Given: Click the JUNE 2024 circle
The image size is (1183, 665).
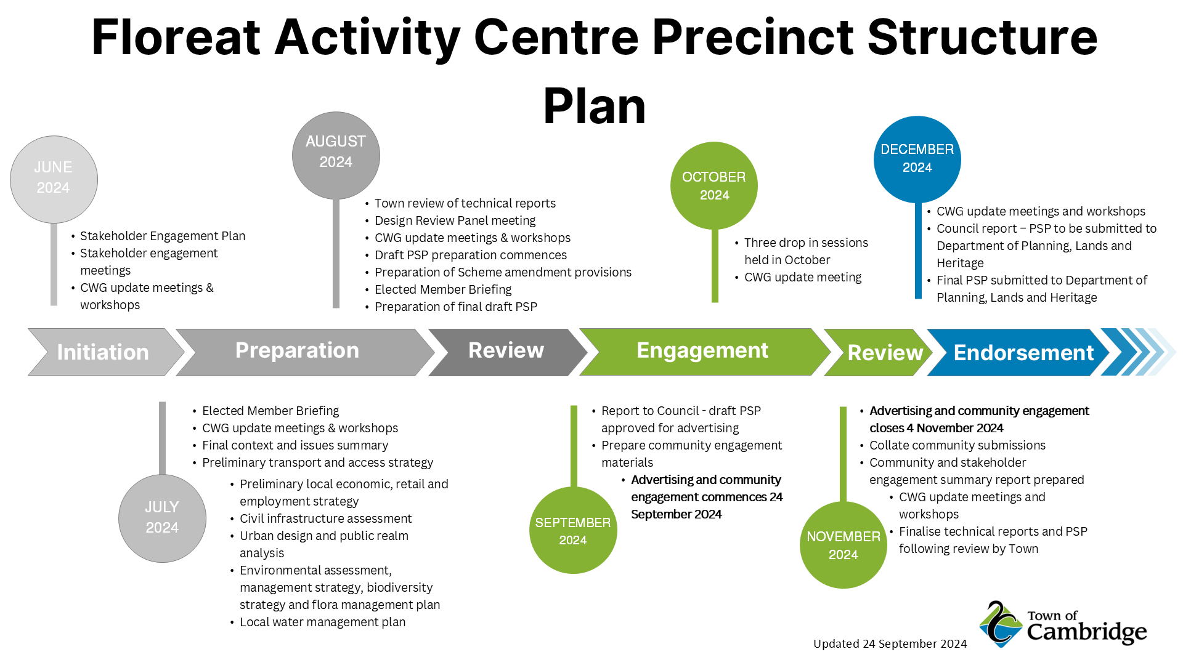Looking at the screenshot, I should [x=54, y=179].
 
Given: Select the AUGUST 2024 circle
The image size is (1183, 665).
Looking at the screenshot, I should [x=336, y=155].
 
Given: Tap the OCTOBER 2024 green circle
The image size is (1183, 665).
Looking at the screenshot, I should [x=714, y=185].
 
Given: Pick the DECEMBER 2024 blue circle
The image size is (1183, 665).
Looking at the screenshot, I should [x=917, y=159].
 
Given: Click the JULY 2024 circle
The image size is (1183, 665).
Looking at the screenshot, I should [x=162, y=518].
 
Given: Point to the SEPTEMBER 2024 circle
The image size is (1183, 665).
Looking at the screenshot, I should [x=572, y=530].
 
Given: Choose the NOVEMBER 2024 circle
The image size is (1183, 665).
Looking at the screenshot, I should [x=843, y=545].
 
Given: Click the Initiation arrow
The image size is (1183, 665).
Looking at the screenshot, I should [x=103, y=352].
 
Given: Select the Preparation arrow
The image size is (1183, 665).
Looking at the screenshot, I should [x=297, y=351].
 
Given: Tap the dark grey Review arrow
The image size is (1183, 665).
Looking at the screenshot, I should [x=506, y=351].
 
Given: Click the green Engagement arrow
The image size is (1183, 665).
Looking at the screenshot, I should [x=702, y=351].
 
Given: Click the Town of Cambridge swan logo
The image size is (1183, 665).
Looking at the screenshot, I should [x=1001, y=624].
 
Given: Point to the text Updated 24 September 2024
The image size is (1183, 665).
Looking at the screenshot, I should [x=890, y=643].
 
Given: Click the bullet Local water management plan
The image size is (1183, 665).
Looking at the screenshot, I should [x=322, y=622].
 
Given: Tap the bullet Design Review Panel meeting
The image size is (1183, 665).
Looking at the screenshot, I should [x=455, y=220].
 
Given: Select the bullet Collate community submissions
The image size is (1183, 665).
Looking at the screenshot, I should [x=957, y=445].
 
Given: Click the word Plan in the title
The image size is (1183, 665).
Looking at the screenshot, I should [x=594, y=106].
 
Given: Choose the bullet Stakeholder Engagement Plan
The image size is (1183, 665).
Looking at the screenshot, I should [x=163, y=236].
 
